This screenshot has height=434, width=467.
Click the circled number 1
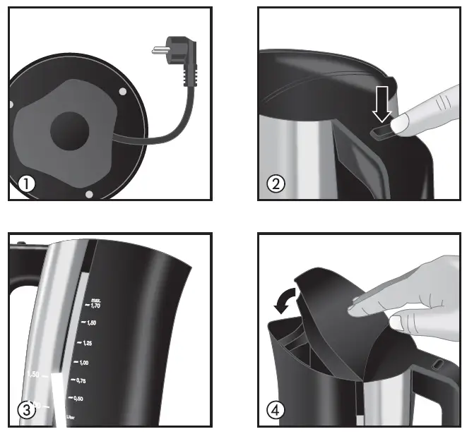pyautogui.click(x=26, y=184)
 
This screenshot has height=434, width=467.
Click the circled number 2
pyautogui.click(x=276, y=184)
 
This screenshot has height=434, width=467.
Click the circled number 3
pyautogui.click(x=26, y=410)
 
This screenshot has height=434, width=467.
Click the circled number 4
pyautogui.click(x=276, y=410)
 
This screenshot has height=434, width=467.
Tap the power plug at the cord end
pyautogui.click(x=172, y=56)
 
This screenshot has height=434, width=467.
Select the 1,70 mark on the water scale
pyautogui.click(x=91, y=306)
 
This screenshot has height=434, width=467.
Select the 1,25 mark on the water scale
pyautogui.click(x=85, y=343)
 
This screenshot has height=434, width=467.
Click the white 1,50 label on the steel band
pyautogui.click(x=33, y=374)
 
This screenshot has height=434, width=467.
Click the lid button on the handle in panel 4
pyautogui.click(x=437, y=365)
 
